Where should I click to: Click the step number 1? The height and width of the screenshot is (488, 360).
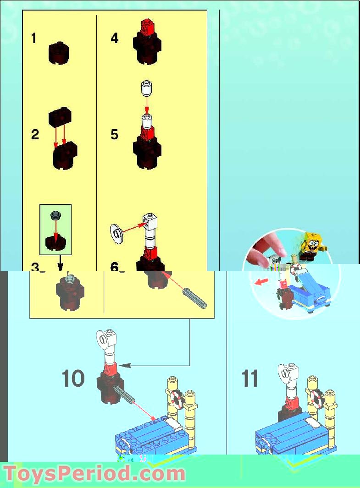click(33, 38)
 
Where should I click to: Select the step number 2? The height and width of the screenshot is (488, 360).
click(35, 135)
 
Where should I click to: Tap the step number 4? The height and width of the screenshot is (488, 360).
click(115, 38)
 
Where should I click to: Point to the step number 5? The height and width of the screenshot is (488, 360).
click(115, 135)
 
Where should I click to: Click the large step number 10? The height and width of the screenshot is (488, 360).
click(73, 379)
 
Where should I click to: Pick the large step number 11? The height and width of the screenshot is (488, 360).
click(250, 379)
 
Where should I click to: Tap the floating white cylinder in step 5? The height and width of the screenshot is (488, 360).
click(146, 88)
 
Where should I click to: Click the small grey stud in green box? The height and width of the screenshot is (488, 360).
click(56, 214)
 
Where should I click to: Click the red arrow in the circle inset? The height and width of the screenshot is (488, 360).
click(261, 282)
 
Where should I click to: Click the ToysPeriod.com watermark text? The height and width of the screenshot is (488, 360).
click(94, 473)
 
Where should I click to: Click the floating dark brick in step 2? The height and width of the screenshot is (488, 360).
click(60, 117)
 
